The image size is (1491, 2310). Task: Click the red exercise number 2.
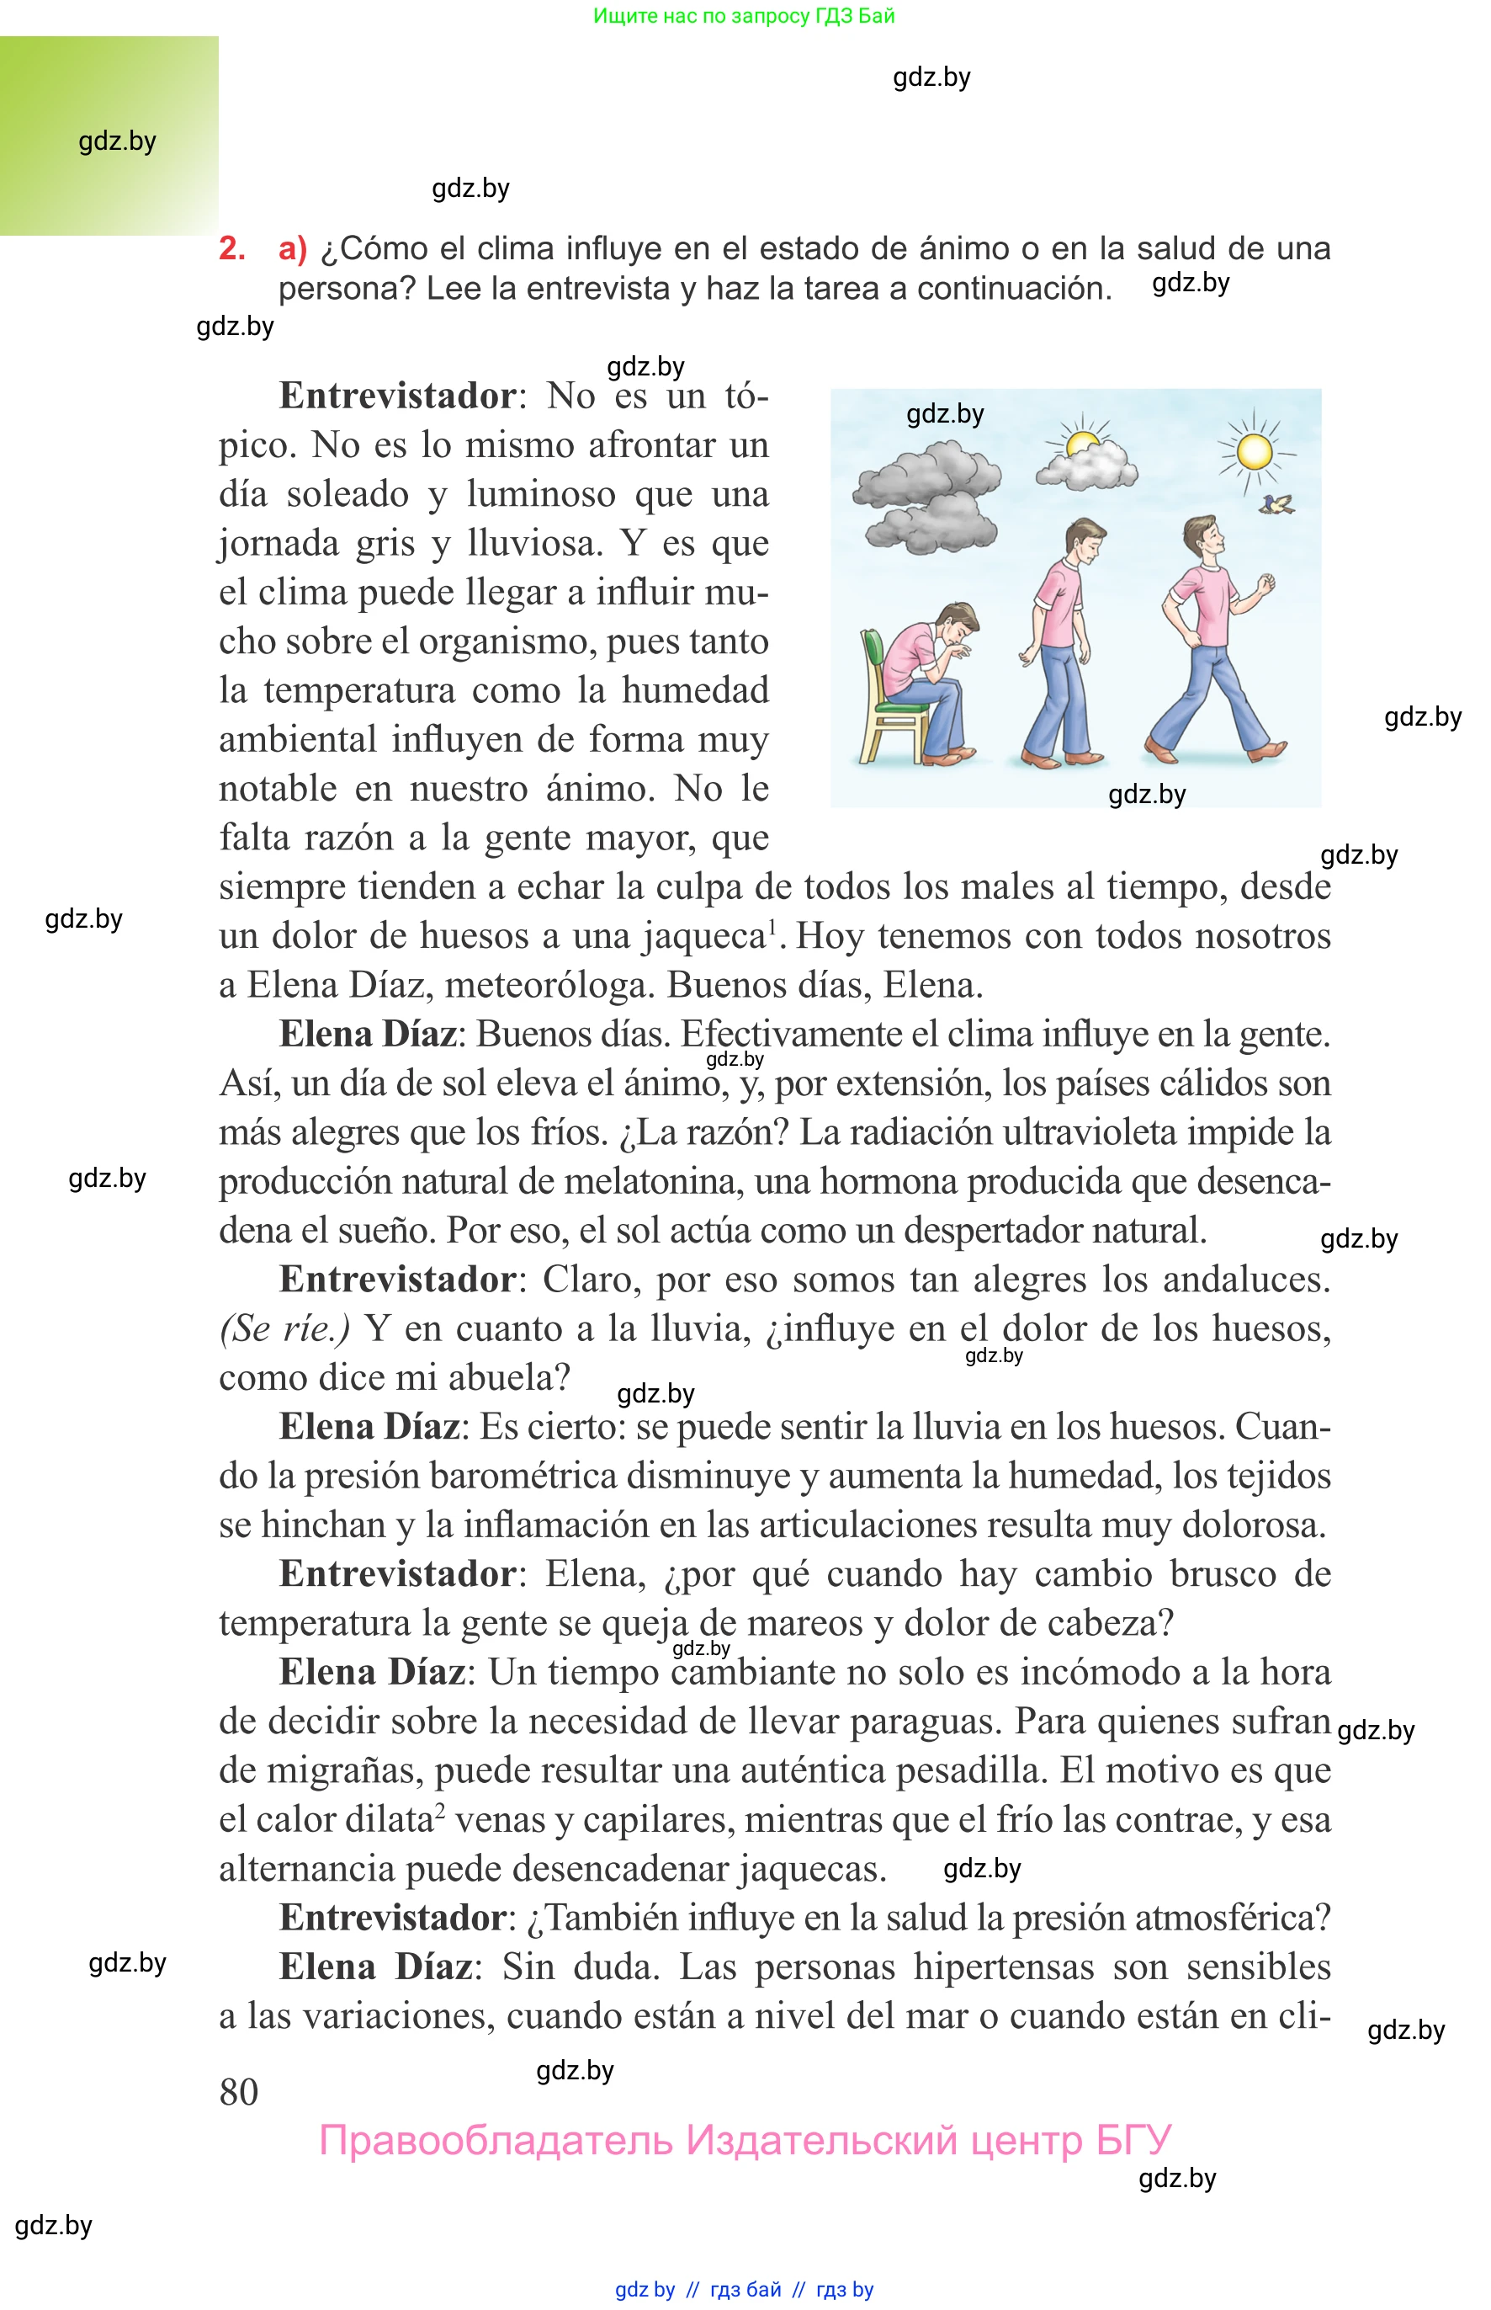231,249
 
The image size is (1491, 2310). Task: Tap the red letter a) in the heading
291,249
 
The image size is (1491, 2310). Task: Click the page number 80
238,2092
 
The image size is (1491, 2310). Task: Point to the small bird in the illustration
1280,503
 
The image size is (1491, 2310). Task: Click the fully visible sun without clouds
1254,451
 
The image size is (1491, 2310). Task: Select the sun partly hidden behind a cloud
1080,443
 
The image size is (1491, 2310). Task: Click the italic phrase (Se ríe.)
285,1329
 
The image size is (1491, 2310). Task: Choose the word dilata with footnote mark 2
379,1820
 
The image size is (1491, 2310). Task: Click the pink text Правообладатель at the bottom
495,2140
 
